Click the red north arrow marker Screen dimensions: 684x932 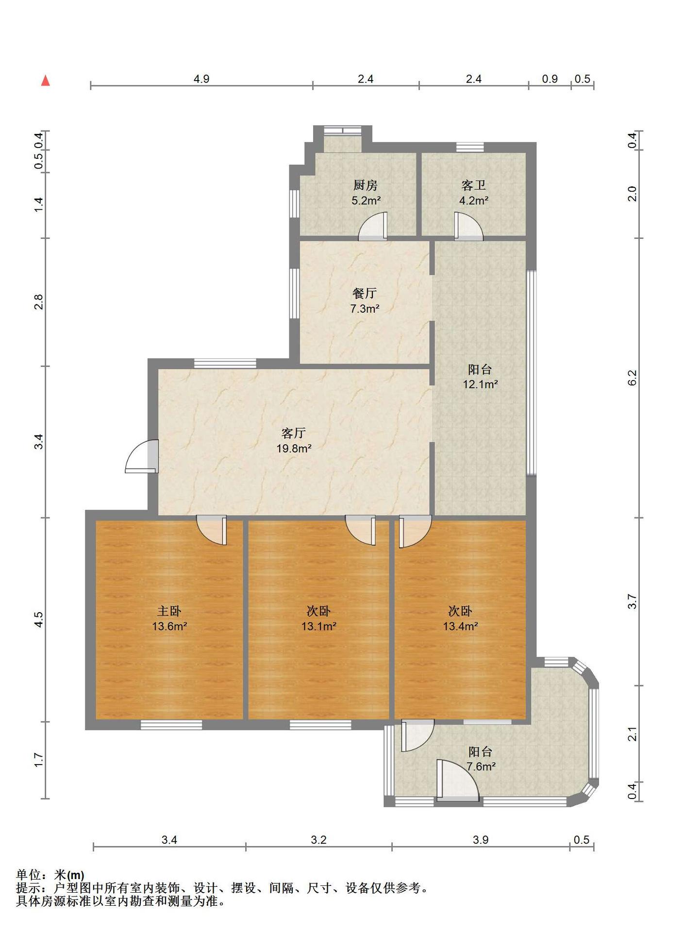click(46, 81)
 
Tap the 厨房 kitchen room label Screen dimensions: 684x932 click(366, 185)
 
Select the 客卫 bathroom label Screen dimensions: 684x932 click(474, 185)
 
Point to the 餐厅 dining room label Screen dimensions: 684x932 click(365, 293)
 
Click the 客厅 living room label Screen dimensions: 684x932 click(294, 433)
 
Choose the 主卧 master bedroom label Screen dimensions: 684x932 click(169, 611)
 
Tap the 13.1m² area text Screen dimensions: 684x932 click(319, 626)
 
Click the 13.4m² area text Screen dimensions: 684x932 click(460, 626)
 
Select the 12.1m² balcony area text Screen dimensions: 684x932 click(480, 384)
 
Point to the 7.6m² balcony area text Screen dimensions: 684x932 click(481, 766)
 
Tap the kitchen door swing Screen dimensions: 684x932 click(373, 227)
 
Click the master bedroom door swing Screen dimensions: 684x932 click(212, 530)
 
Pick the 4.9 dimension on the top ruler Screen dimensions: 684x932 click(201, 79)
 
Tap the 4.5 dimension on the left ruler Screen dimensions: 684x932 click(39, 619)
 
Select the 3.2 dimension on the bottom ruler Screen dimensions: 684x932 click(319, 840)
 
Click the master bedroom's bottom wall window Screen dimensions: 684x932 click(171, 725)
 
